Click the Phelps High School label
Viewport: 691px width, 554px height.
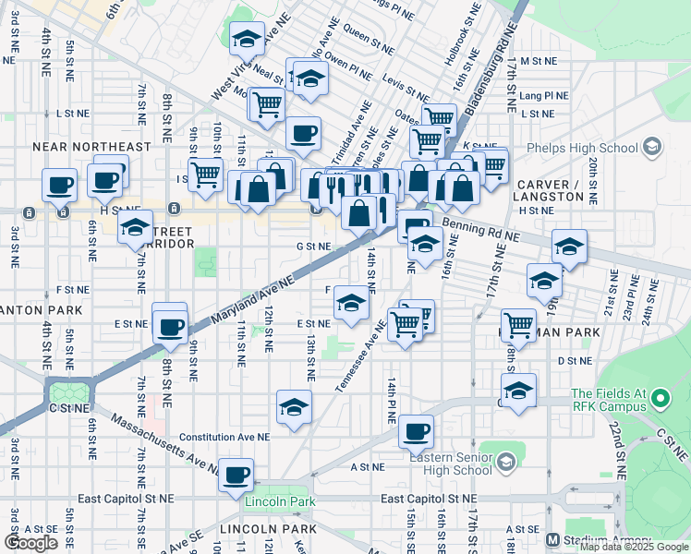click(x=581, y=148)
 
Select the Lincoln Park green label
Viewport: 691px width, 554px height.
click(x=280, y=502)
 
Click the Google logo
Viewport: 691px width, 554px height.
click(x=30, y=543)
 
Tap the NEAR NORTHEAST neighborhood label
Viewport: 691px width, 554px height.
click(x=91, y=147)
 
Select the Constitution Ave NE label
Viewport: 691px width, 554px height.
click(x=224, y=437)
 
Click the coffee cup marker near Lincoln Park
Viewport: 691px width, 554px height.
click(x=237, y=474)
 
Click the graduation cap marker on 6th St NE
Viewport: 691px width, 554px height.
click(x=136, y=225)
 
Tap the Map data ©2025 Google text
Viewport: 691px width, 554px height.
click(x=634, y=547)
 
